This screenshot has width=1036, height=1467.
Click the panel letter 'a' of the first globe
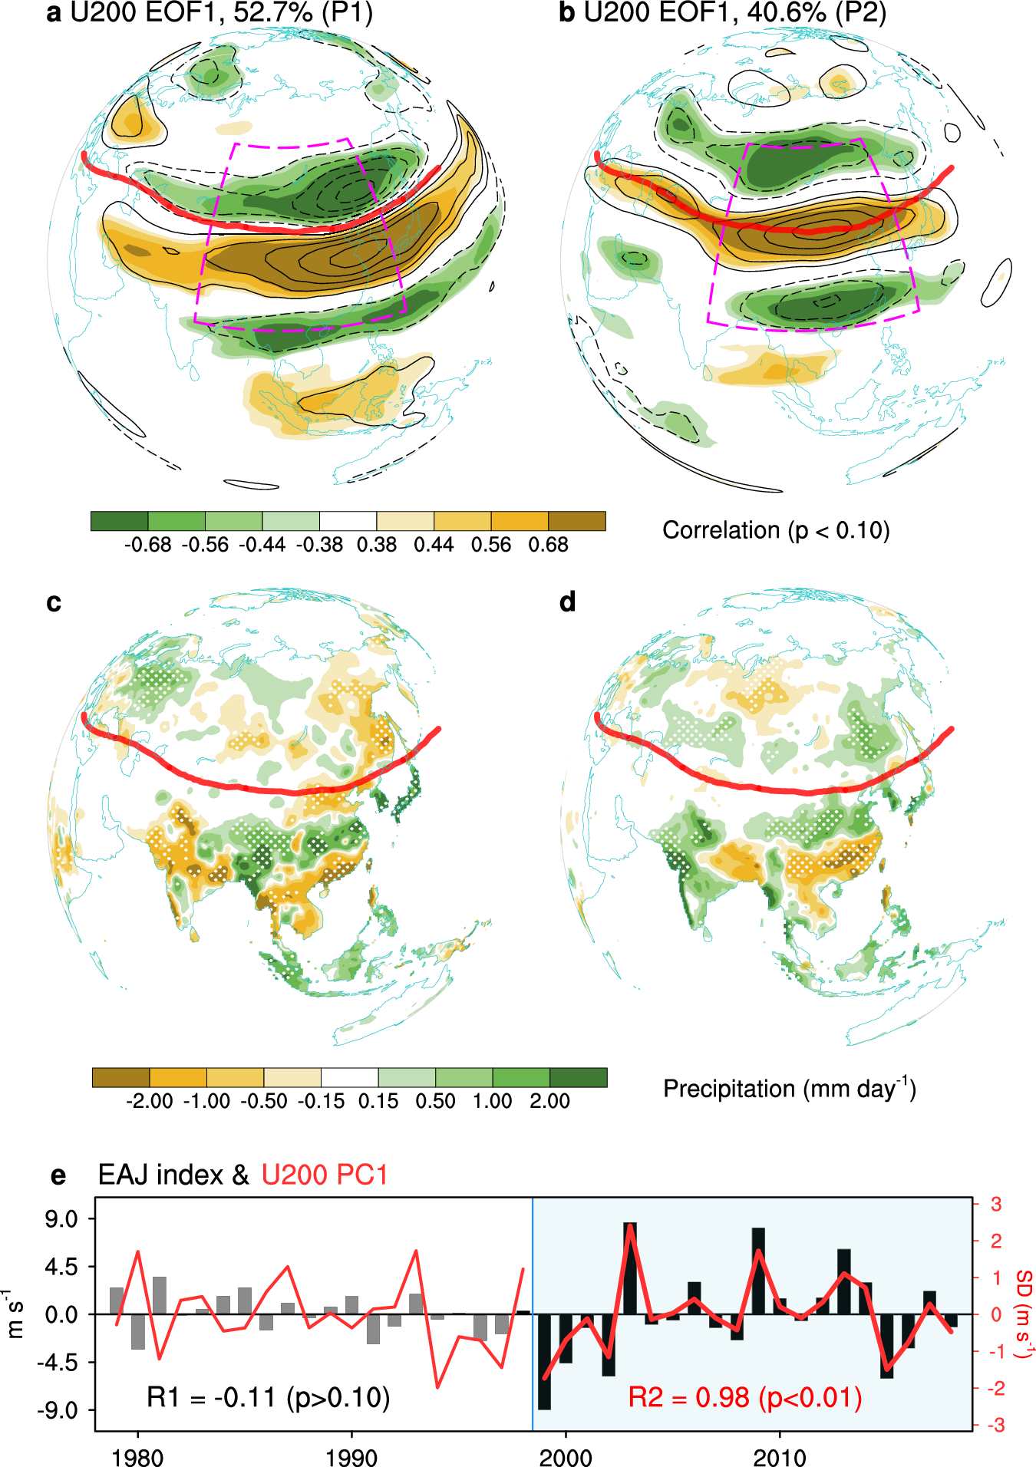(54, 13)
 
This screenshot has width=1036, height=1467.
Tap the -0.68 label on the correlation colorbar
(147, 545)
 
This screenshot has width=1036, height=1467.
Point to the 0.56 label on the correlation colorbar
(491, 545)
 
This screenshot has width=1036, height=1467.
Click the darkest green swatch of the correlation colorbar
(119, 521)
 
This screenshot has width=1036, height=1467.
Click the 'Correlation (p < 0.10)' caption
(776, 530)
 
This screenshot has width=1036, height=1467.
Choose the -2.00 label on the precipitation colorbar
(149, 1101)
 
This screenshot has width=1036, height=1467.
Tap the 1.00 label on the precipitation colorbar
(492, 1101)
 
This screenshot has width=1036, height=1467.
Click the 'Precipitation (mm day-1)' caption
(789, 1088)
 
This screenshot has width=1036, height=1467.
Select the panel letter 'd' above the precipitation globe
(568, 602)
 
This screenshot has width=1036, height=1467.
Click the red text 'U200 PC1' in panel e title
(325, 1175)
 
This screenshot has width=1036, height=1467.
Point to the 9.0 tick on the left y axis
(61, 1218)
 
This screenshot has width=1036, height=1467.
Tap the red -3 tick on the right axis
(995, 1425)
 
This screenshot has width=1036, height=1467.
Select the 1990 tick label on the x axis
(351, 1456)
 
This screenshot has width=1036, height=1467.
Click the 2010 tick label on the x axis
(780, 1456)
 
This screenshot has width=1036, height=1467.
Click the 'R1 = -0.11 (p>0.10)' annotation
(268, 1397)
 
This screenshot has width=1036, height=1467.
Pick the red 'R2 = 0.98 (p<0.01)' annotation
(744, 1397)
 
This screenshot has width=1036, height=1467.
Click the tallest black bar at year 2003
(630, 1268)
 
